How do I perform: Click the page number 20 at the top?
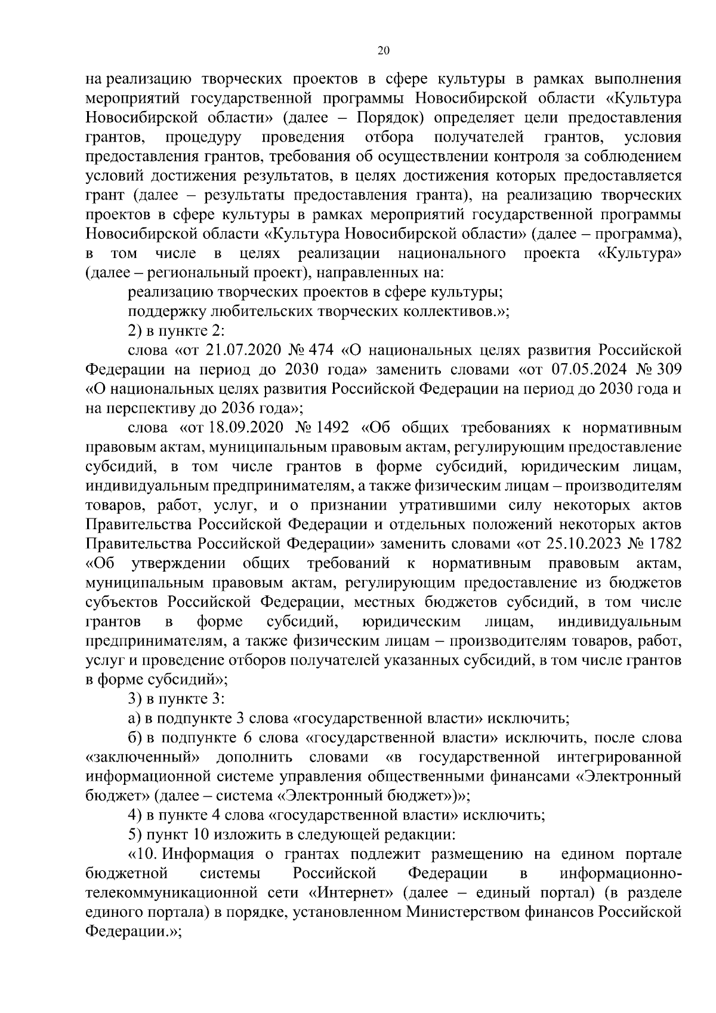pos(384,51)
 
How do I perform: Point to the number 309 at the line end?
pos(668,369)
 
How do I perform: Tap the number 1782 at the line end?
pos(664,544)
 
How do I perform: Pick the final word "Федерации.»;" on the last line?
pos(132,931)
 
